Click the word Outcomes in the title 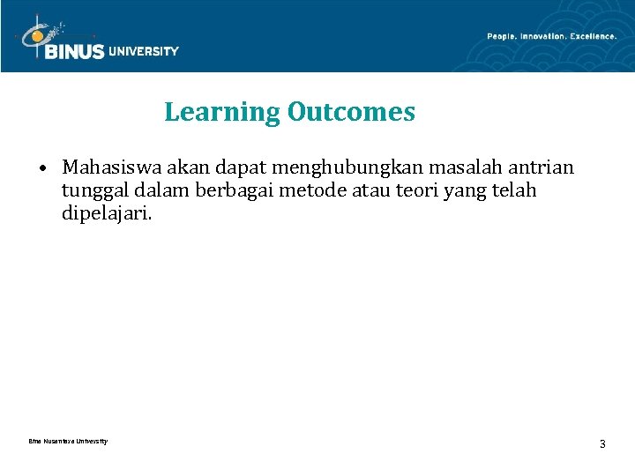350,113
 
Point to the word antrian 540,167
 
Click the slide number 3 602,444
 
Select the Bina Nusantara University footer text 68,442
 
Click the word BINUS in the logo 75,52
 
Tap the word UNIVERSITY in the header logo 144,51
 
